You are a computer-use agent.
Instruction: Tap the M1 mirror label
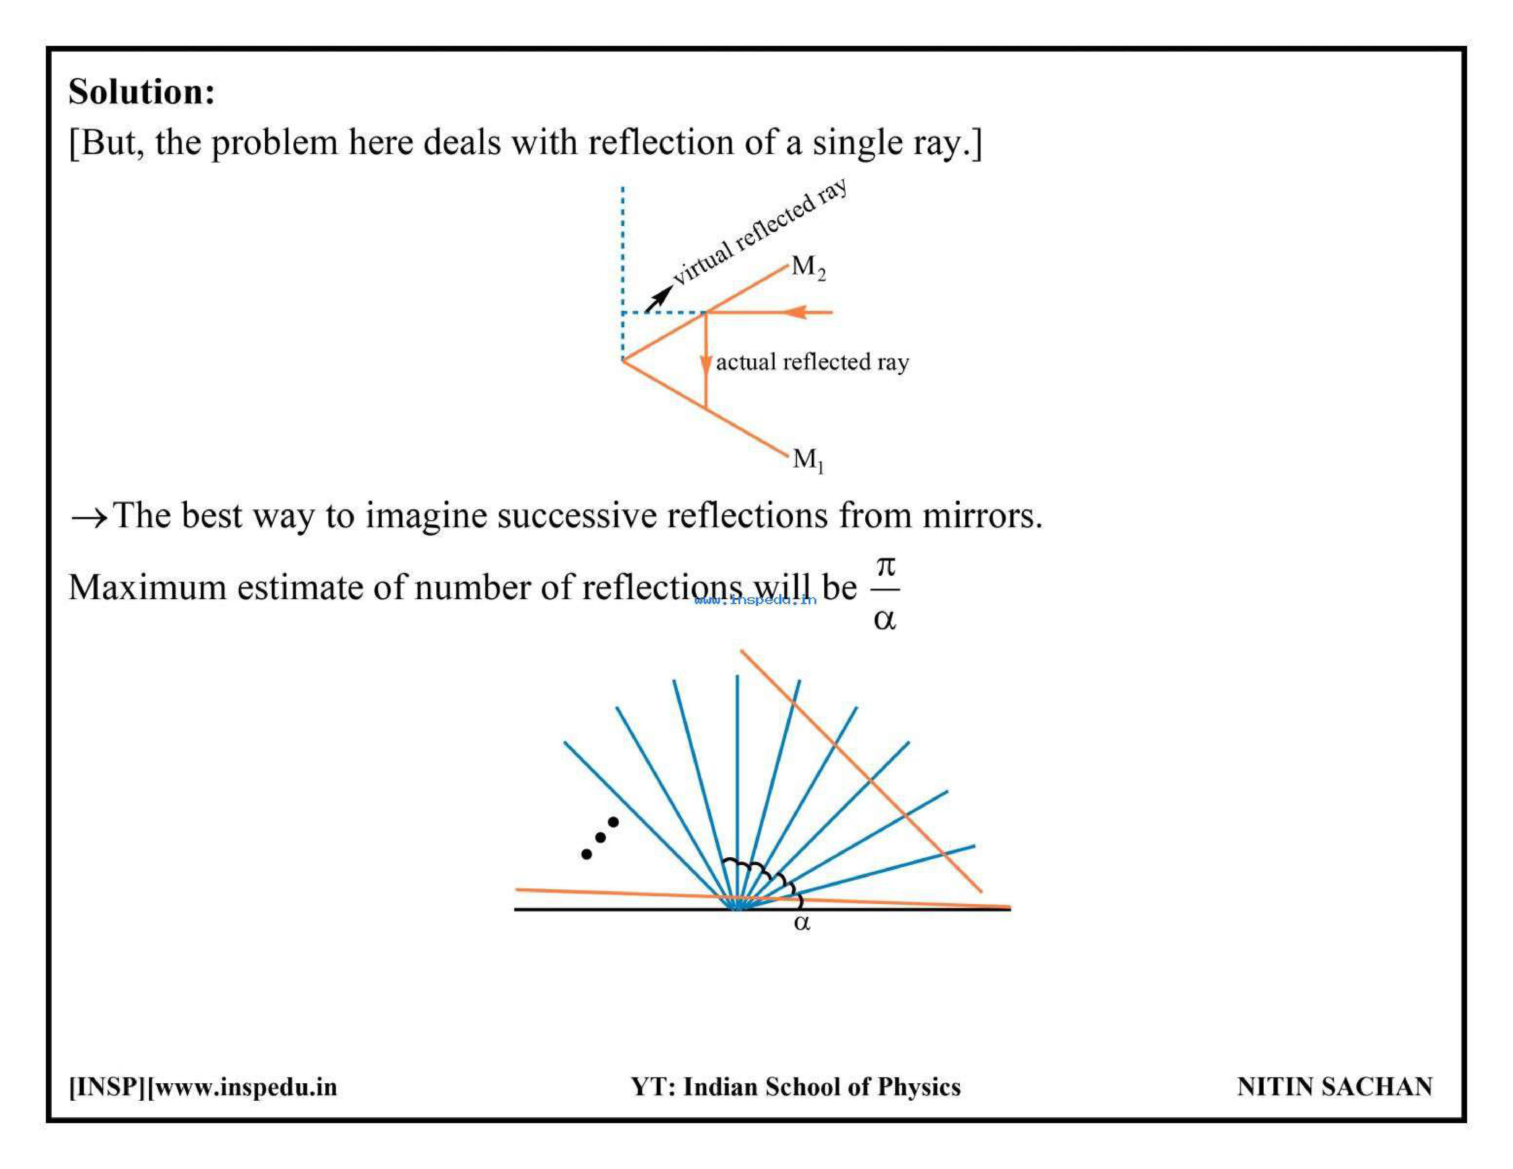pos(808,460)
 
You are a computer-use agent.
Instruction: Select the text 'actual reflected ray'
pos(812,363)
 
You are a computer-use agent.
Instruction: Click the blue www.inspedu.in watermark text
pos(755,600)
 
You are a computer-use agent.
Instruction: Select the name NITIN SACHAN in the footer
pos(1334,1086)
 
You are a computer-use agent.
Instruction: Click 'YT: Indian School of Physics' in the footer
pos(795,1086)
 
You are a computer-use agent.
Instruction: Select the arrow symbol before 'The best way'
pos(89,517)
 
